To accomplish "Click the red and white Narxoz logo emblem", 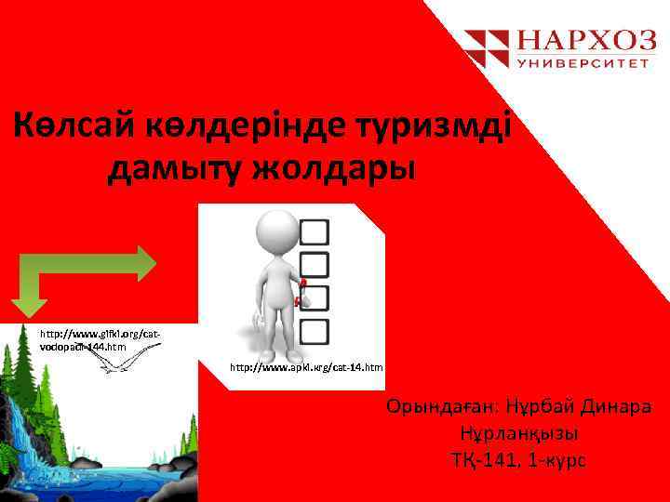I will [x=487, y=48].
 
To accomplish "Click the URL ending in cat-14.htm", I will [x=306, y=369].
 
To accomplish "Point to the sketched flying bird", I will [x=121, y=364].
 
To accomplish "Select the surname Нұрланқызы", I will [x=518, y=434].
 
